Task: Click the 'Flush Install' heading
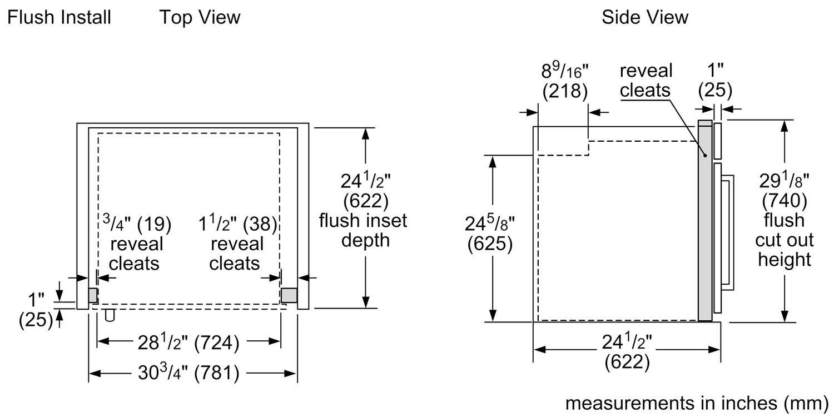tap(59, 17)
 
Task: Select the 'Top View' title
tap(200, 17)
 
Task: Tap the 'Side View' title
tap(644, 17)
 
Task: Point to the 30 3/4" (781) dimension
tap(188, 373)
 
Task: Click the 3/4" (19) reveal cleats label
tap(137, 244)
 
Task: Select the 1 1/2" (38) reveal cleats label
tap(237, 244)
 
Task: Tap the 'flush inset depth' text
tap(363, 230)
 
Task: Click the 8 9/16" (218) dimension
tap(564, 81)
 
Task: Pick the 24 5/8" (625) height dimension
tap(490, 234)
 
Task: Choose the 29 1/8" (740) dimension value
tap(785, 190)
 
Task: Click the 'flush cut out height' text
tap(784, 240)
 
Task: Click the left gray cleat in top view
tap(93, 295)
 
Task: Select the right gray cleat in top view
tap(289, 295)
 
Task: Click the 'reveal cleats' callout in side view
tap(646, 80)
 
